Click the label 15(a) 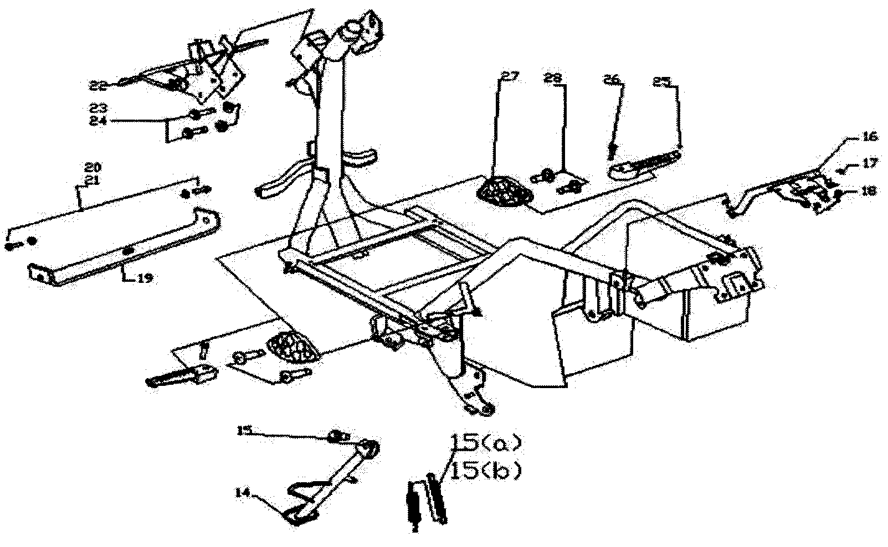click(486, 443)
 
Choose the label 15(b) click(486, 471)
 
